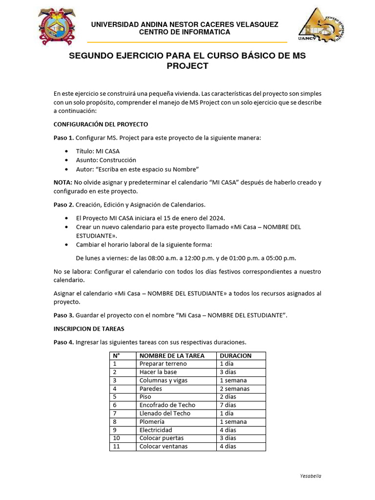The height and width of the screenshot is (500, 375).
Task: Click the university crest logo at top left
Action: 58,26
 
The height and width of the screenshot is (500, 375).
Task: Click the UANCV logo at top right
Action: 320,25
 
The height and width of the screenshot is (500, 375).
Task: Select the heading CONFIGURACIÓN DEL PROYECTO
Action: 101,125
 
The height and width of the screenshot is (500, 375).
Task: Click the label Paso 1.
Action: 63,138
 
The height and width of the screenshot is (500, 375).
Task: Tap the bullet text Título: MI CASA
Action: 98,151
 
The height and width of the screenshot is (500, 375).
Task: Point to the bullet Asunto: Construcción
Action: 106,160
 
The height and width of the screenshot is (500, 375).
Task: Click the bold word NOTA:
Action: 62,182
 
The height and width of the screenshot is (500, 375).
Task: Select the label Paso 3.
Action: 63,315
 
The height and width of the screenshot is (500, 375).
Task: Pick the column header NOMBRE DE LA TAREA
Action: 172,355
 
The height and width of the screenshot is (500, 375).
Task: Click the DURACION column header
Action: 235,355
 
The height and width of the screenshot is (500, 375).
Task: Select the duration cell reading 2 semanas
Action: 234,389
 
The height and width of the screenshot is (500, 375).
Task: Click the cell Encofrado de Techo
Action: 167,405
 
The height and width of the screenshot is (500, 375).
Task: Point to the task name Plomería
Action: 152,421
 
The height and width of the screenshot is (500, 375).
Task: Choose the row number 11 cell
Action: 116,446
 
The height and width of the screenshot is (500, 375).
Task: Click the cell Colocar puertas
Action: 161,438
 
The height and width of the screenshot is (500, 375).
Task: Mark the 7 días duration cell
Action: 228,405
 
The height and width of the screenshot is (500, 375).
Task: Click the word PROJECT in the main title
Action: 187,66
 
